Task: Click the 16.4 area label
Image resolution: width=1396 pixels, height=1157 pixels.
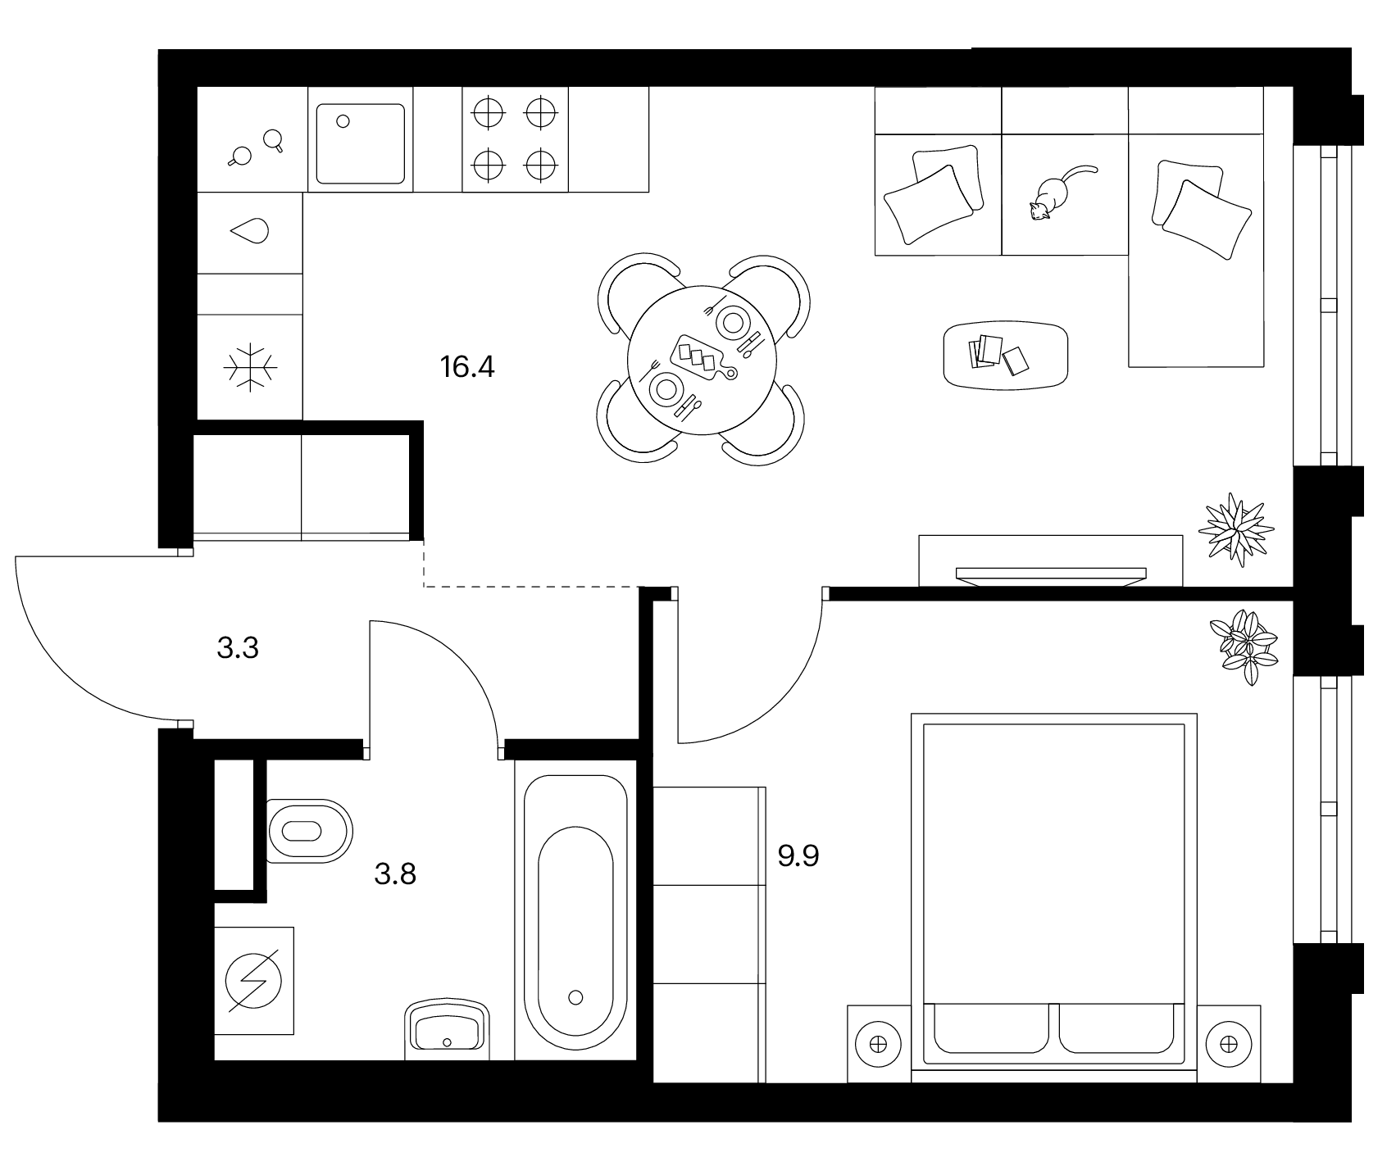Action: coord(467,366)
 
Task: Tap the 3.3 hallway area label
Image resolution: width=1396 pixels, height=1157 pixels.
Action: coord(238,649)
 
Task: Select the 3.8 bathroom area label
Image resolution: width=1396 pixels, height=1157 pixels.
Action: coord(395,874)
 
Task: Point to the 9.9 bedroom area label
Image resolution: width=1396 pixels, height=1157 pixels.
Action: coord(798,857)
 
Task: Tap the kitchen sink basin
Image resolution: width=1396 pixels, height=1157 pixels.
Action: coord(361,143)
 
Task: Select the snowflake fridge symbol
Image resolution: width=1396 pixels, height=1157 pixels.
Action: coord(251,366)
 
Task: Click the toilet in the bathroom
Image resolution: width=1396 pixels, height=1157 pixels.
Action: coord(310,831)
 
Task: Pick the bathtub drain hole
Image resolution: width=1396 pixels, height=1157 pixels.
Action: coord(575,997)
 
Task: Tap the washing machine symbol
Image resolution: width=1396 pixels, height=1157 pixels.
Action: coord(254,980)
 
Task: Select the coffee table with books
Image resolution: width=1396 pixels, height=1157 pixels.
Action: coord(1006,355)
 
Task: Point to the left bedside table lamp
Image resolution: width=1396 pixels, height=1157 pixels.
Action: coord(878,1044)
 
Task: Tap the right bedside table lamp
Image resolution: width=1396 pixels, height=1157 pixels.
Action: coord(1228,1044)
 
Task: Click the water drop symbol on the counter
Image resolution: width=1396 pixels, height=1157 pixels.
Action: coord(250,232)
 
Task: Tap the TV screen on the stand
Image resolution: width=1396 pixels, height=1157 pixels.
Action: coord(1051,574)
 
